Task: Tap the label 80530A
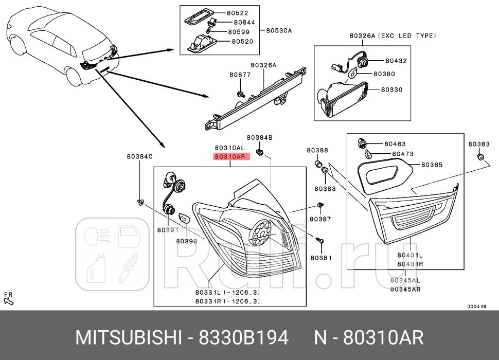tap(278, 30)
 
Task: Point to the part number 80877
tap(240, 75)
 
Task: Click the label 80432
tap(393, 60)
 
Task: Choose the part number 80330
tap(391, 89)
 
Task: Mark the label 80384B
tap(259, 137)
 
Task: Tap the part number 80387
tap(320, 219)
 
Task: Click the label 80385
tap(432, 165)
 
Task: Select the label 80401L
tap(409, 255)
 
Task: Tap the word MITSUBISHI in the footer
tap(129, 338)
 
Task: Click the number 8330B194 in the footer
tap(244, 338)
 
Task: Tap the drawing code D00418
tap(476, 306)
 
